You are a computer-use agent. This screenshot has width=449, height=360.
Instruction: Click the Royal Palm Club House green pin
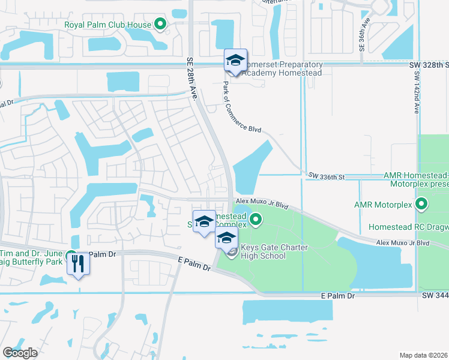pyautogui.click(x=160, y=24)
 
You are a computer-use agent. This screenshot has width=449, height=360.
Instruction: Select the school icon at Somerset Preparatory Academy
pyautogui.click(x=236, y=60)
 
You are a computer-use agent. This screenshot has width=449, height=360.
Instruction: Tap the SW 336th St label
pyautogui.click(x=327, y=176)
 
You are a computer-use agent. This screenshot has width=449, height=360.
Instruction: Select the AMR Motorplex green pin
pyautogui.click(x=422, y=205)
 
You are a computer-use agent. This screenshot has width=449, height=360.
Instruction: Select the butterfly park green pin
pyautogui.click(x=71, y=256)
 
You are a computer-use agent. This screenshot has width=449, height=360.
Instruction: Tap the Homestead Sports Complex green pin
pyautogui.click(x=256, y=220)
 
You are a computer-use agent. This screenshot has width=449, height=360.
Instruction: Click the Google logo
pyautogui.click(x=19, y=353)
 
